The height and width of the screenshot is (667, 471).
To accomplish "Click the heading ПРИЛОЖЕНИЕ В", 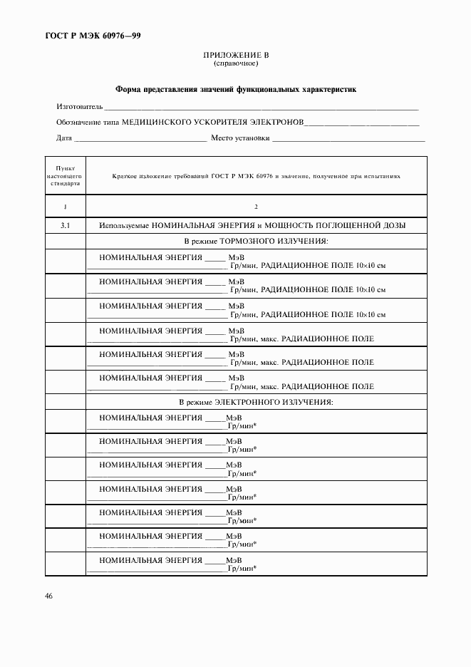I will click(x=236, y=55).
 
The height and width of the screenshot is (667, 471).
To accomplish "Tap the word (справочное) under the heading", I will click(x=236, y=63).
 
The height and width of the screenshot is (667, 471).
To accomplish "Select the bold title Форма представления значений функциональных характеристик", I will click(x=235, y=90).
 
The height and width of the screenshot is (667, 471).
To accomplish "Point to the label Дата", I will click(x=63, y=138).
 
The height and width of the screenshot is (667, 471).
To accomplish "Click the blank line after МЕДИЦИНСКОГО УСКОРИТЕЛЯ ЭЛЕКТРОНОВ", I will click(x=362, y=124).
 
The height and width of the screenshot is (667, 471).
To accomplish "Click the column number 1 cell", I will click(x=65, y=207).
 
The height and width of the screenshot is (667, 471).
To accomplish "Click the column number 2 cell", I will click(x=256, y=207).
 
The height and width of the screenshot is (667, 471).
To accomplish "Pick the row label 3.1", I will click(x=65, y=225).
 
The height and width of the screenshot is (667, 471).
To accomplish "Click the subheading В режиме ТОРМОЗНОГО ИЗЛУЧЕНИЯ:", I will click(x=256, y=242).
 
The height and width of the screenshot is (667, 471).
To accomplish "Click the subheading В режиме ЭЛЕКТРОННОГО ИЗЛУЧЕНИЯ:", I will click(x=256, y=403).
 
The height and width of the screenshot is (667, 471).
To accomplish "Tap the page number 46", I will click(x=49, y=596).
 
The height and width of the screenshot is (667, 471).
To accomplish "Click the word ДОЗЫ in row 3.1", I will click(x=393, y=225).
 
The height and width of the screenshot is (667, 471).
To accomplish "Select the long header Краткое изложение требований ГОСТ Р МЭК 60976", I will click(x=256, y=175).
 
